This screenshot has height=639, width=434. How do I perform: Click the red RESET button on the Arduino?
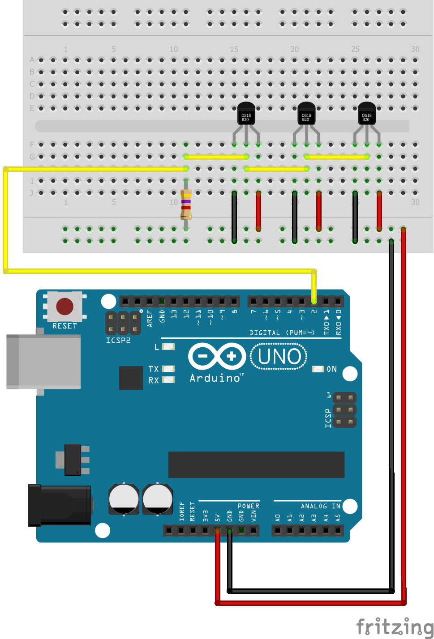coord(64,307)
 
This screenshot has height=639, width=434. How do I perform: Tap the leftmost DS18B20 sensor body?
coord(245,114)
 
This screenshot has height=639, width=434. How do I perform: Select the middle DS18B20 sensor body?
coord(306,114)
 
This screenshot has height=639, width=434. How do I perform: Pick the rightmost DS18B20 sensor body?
coord(366,114)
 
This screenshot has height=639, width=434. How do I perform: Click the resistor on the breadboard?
coord(186,204)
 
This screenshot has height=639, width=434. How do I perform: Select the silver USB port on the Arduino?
coord(43,362)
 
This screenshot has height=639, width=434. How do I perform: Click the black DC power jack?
coord(59,505)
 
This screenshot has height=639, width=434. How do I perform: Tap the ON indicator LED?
coord(318,369)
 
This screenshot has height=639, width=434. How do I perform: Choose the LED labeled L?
coord(168,347)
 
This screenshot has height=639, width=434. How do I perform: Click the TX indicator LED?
coord(168,369)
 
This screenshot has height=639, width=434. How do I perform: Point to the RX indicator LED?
coord(168,380)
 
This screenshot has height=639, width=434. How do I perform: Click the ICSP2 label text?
coord(118,341)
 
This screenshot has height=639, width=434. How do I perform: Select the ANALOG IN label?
coord(320,506)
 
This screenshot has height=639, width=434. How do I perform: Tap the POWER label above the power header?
coord(248,506)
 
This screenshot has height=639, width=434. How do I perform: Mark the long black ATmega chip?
coord(256,464)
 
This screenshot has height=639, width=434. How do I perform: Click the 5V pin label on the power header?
coord(218,518)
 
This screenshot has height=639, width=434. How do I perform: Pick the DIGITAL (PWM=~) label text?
coord(282,332)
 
